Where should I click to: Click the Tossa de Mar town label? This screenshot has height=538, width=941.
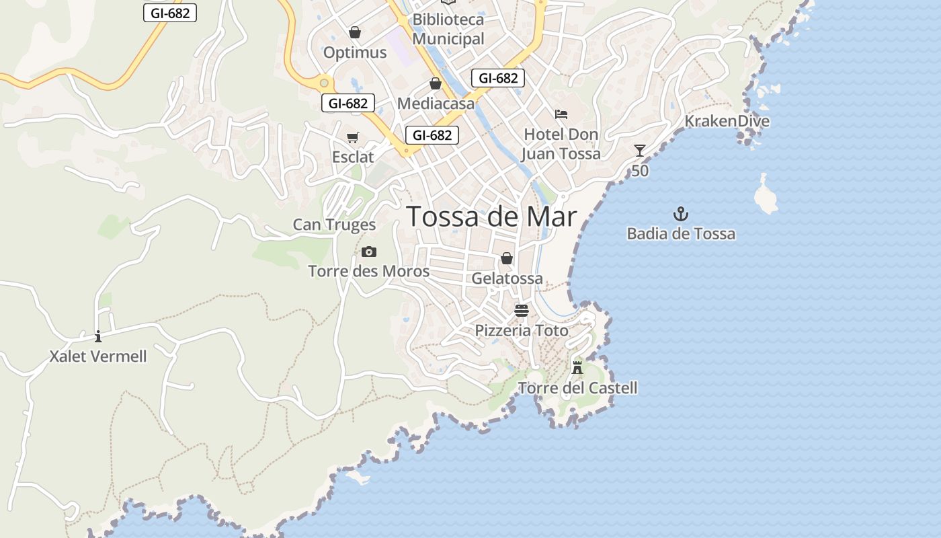point(491,217)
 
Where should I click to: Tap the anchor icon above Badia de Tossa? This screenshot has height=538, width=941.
point(681,215)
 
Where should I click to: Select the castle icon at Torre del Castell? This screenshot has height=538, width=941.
point(577,367)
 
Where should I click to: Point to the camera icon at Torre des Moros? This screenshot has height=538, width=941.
point(368,252)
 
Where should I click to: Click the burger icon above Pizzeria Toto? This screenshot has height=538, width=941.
point(522,310)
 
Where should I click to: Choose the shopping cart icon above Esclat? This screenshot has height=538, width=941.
point(353,138)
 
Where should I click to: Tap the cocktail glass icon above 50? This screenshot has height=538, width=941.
point(640,151)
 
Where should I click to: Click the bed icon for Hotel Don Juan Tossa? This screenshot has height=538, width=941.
point(561,114)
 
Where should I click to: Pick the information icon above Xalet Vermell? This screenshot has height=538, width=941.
point(98,336)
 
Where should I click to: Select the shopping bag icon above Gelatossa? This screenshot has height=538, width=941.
point(507,259)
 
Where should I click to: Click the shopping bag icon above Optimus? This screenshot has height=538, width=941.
point(355,32)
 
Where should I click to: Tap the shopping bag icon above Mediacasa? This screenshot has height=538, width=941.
point(436,84)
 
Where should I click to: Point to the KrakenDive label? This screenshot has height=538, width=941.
point(727,121)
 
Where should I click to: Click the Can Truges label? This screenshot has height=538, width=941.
point(334,225)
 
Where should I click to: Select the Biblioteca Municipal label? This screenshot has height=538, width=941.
point(448,29)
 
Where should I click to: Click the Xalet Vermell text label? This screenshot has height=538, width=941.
point(98,356)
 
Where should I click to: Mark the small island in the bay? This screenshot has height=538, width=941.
point(765,195)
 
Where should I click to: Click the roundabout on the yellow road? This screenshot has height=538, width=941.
point(325,83)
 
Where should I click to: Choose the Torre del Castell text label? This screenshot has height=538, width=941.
point(577,388)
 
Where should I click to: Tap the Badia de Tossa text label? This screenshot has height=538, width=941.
point(681,234)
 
